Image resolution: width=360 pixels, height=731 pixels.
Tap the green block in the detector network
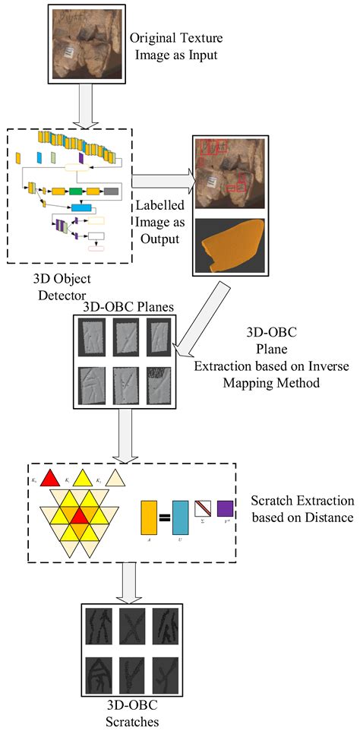(x=76, y=191)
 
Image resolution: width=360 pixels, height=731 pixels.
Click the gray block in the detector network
(x=111, y=191)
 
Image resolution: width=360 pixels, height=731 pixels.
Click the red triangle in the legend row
(x=51, y=478)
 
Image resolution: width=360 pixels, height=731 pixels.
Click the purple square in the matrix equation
(x=226, y=508)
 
